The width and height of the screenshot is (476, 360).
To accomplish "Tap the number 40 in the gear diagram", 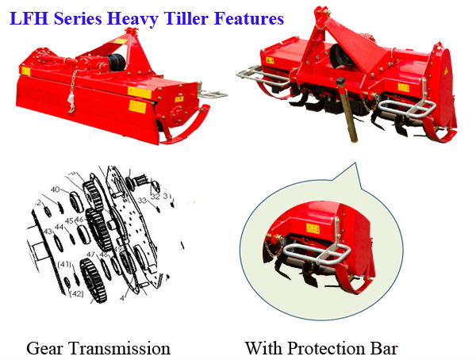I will click(55, 190).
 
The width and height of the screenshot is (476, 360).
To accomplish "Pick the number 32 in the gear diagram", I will click(155, 196).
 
